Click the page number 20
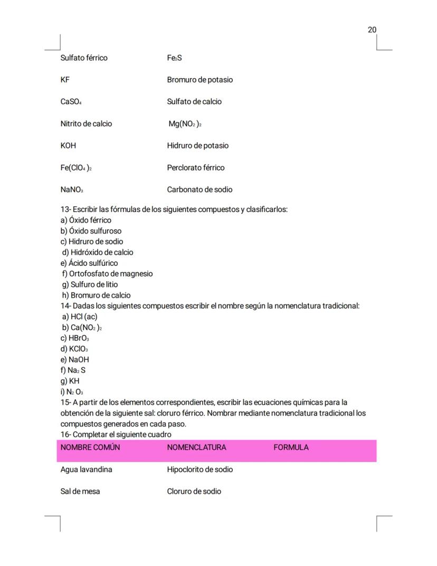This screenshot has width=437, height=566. [372, 30]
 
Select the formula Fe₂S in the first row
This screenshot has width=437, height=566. [174, 58]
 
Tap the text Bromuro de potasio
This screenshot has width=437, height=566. [199, 80]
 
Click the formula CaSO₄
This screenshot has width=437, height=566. [71, 102]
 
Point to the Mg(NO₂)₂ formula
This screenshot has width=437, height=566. [185, 124]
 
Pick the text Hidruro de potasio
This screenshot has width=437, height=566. [197, 146]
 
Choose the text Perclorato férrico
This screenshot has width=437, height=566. [195, 168]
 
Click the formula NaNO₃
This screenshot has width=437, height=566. [72, 190]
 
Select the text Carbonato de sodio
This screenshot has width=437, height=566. [199, 190]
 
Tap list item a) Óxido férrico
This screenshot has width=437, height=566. [86, 220]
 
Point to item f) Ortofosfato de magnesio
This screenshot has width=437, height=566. [108, 274]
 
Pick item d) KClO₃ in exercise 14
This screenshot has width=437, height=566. [74, 349]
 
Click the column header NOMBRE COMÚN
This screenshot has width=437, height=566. [90, 448]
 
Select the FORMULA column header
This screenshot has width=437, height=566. [291, 448]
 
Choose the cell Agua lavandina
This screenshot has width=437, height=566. [86, 470]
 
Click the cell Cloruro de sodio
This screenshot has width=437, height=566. [194, 491]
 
